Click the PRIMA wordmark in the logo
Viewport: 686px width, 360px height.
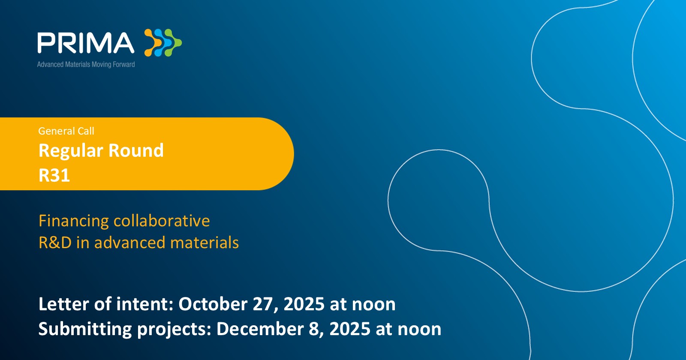86,43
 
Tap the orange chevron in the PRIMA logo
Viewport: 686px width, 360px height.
152,42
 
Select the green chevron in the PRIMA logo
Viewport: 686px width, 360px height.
174,42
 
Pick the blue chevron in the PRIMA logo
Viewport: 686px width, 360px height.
163,42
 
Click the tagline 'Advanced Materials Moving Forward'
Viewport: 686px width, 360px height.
86,64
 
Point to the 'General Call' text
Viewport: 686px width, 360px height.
66,131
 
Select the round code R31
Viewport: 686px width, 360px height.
54,175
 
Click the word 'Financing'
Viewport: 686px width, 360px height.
73,221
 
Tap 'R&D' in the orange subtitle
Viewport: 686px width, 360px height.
55,243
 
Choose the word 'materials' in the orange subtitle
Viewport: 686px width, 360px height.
204,243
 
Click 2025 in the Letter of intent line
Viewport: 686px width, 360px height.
304,304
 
